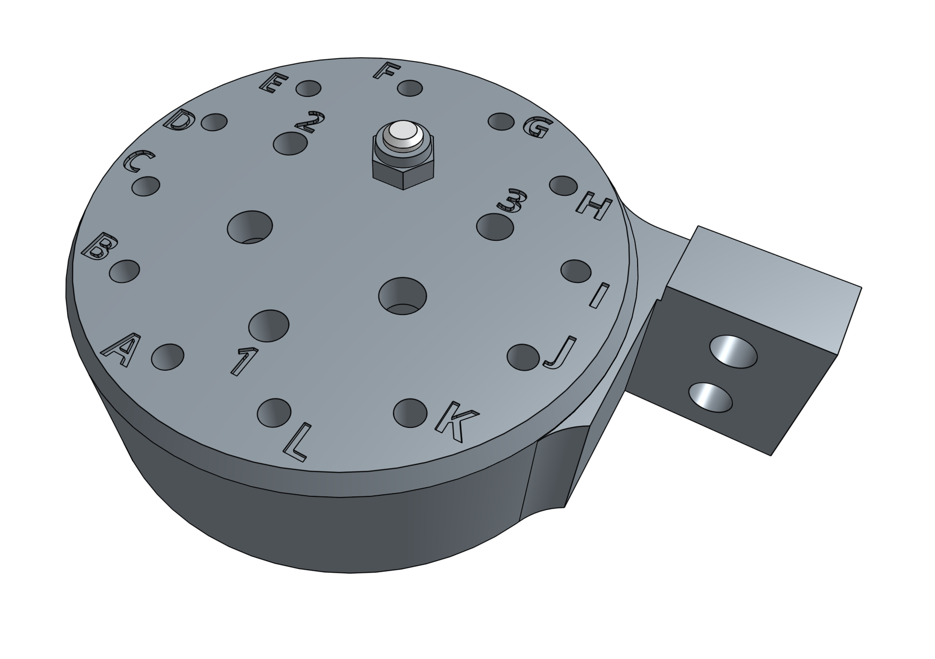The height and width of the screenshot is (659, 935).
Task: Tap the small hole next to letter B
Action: click(x=124, y=271)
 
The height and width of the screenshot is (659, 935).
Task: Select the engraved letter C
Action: click(x=139, y=162)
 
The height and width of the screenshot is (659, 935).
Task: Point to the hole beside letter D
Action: click(x=214, y=123)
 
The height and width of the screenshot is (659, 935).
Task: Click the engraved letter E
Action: click(x=274, y=84)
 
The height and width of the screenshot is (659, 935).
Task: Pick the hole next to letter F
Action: click(x=410, y=88)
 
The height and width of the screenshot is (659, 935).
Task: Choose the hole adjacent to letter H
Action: click(x=564, y=186)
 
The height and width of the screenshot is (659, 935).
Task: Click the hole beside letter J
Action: click(x=523, y=356)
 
